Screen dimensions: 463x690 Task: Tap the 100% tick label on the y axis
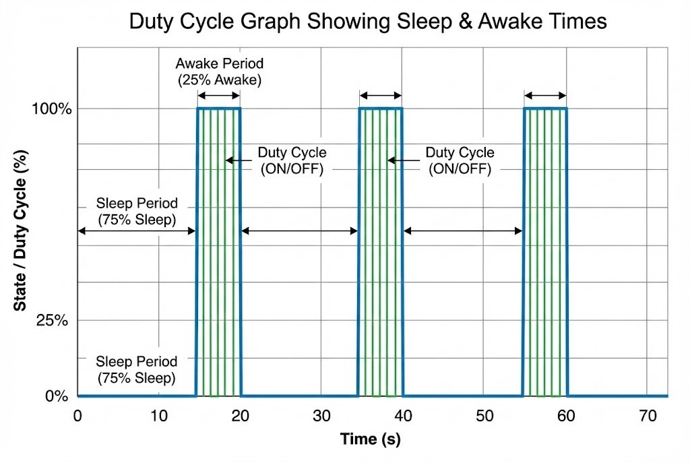(x=51, y=109)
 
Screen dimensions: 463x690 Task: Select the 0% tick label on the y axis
(x=57, y=396)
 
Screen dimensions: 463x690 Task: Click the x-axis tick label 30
(x=321, y=416)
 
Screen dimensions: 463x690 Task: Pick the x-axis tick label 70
(x=647, y=416)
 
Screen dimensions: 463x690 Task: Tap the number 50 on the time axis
(x=484, y=416)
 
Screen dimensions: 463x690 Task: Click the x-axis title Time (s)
(x=370, y=440)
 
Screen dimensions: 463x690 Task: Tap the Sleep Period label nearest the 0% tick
(x=137, y=369)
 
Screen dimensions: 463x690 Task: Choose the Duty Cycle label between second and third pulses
(x=460, y=161)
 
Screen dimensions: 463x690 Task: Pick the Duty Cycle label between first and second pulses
(x=292, y=161)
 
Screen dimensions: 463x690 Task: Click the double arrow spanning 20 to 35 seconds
(x=299, y=231)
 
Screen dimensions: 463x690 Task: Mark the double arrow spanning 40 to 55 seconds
(x=463, y=231)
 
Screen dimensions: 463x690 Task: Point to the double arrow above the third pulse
(x=545, y=95)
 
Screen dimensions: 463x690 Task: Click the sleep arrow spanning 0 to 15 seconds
(x=137, y=231)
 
